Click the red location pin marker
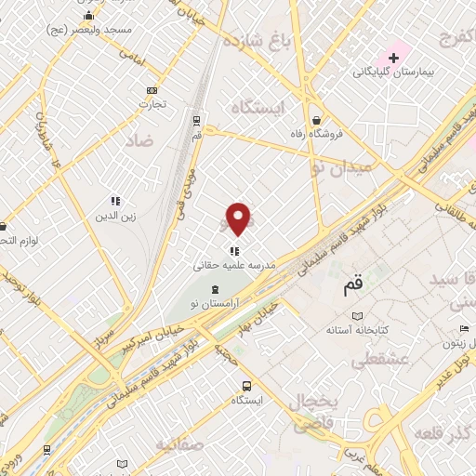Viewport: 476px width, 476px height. coord(239,219)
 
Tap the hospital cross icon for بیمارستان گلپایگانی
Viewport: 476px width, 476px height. coord(393,58)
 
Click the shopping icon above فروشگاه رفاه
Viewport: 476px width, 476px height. coord(318,120)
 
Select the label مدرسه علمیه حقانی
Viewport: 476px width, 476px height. coord(235,265)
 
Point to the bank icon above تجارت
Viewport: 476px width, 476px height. coord(152,90)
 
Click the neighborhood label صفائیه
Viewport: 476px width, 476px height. coord(180,443)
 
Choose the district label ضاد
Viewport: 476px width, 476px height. coord(142,140)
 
